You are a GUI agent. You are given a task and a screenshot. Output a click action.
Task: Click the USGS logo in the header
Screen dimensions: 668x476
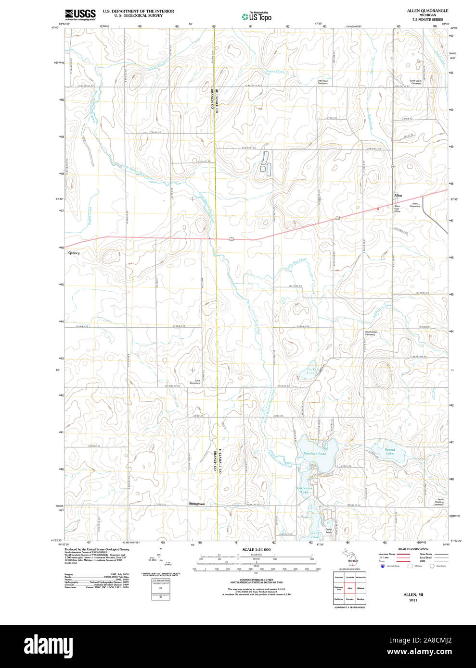click(80, 14)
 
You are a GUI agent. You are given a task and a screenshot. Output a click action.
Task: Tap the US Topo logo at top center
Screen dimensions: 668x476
click(257, 16)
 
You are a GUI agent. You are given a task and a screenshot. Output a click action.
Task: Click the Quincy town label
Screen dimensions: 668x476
click(74, 253)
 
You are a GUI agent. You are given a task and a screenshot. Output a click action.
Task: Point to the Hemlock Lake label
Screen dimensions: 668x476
click(314, 454)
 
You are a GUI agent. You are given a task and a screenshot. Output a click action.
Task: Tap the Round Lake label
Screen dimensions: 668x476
click(389, 452)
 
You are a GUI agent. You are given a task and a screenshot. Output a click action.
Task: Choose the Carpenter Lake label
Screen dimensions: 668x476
click(305, 490)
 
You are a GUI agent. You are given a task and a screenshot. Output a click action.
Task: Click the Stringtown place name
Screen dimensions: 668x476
click(196, 504)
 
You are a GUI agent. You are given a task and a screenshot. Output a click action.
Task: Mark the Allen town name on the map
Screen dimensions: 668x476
click(398, 196)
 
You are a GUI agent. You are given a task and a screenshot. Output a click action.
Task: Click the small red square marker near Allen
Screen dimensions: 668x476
click(378, 209)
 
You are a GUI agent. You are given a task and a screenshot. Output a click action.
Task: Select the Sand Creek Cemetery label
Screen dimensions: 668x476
click(415, 82)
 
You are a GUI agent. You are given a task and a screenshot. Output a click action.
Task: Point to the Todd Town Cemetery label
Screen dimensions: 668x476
click(322, 82)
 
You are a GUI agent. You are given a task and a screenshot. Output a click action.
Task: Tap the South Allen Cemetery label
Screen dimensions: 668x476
click(371, 333)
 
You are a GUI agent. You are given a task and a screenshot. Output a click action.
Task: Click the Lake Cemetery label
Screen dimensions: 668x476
click(194, 382)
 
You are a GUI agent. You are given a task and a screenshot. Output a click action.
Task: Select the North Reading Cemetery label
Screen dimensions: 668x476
click(438, 503)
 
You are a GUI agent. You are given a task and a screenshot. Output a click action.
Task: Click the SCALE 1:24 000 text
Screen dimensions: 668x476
click(256, 549)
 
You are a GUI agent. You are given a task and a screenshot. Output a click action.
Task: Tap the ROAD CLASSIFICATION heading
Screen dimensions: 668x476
click(413, 549)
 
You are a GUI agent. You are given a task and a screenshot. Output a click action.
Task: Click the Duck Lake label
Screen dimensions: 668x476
click(311, 371)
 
